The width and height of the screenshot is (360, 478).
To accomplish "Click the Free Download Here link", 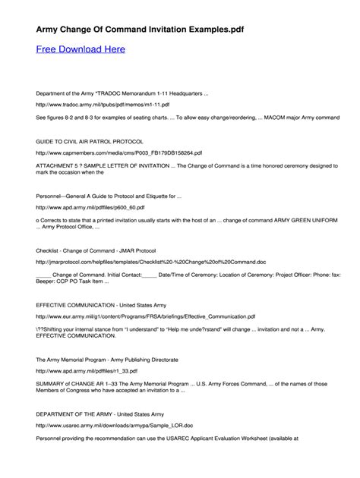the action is coord(81,49).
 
